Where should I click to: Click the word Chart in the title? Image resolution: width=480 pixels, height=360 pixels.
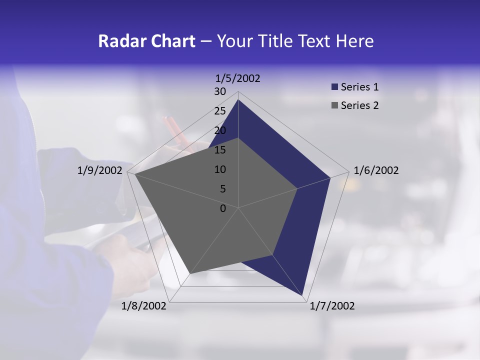point(171,41)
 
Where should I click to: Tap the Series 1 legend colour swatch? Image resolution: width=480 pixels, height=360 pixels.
point(335,87)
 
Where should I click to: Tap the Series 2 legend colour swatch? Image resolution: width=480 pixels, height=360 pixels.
point(335,105)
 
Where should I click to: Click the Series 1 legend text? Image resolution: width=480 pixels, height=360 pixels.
point(359,87)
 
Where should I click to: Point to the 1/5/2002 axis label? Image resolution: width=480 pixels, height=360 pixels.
point(238,78)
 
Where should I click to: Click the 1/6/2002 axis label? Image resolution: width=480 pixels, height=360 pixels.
point(376,171)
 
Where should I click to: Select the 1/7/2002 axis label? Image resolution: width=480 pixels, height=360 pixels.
point(332,306)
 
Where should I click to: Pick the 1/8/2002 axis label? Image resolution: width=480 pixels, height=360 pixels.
point(144,306)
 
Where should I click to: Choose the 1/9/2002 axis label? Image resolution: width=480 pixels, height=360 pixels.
point(100,171)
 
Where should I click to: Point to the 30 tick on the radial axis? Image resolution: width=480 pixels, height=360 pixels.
point(220,92)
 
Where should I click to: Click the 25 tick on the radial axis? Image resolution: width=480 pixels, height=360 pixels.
point(220,111)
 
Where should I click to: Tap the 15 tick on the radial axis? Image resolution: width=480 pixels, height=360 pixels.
point(220,150)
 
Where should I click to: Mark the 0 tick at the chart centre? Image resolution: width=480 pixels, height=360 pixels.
point(223,208)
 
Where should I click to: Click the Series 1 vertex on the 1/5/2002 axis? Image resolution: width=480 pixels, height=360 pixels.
point(238,99)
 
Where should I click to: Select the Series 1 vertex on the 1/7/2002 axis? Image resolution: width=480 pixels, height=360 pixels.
point(302,295)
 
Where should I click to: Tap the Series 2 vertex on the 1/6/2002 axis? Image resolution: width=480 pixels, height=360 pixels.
point(297,188)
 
